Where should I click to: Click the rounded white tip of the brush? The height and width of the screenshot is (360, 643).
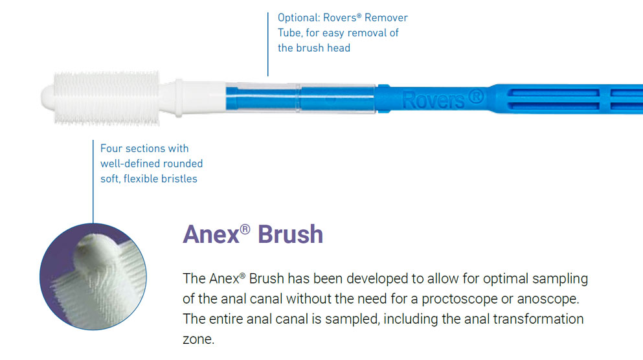(x=51, y=98)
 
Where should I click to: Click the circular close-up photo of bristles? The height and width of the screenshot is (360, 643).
(x=93, y=278)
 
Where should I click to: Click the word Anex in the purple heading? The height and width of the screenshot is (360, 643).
(x=210, y=233)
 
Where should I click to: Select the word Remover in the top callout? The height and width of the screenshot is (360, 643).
(x=387, y=17)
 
